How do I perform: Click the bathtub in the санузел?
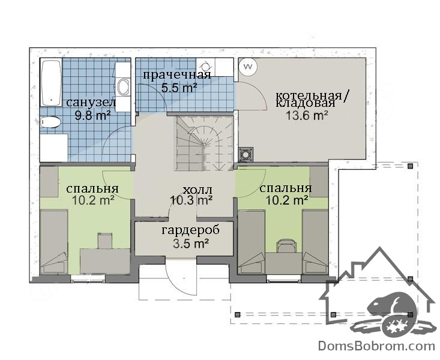pyautogui.click(x=52, y=82)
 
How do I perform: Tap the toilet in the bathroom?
pyautogui.click(x=50, y=122)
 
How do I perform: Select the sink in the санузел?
pyautogui.click(x=123, y=86)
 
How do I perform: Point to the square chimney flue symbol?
pyautogui.click(x=246, y=154)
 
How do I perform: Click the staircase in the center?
pyautogui.click(x=204, y=143)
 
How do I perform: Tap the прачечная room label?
pyautogui.click(x=177, y=75)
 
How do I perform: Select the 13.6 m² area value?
pyautogui.click(x=307, y=115)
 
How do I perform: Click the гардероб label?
pyautogui.click(x=191, y=230)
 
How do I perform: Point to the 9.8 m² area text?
pyautogui.click(x=92, y=115)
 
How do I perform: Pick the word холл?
pyautogui.click(x=197, y=190)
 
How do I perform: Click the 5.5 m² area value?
pyautogui.click(x=179, y=88)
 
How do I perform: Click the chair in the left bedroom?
pyautogui.click(x=105, y=241)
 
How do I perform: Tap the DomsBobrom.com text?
pyautogui.click(x=376, y=346)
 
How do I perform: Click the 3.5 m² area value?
pyautogui.click(x=191, y=244)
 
